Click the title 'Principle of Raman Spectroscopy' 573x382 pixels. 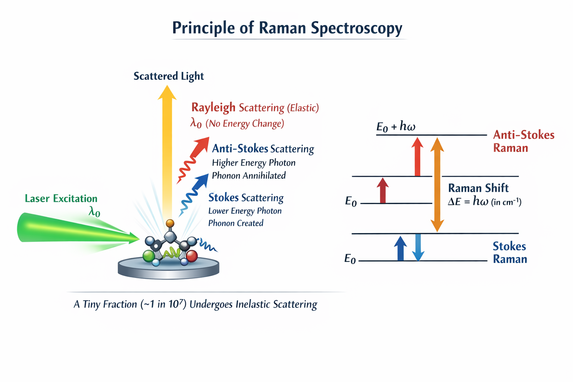(x=287, y=28)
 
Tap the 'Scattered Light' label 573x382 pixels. (x=169, y=76)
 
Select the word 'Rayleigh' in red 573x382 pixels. (x=213, y=107)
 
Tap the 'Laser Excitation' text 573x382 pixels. (x=61, y=198)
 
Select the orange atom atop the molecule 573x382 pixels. (x=170, y=223)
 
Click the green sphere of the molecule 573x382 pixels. (x=148, y=256)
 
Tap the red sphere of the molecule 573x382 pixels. (x=192, y=256)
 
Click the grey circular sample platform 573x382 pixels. (x=169, y=270)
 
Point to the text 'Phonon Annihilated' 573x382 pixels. (x=249, y=176)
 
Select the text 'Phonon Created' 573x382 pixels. (x=236, y=223)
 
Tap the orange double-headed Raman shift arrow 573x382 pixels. (x=437, y=185)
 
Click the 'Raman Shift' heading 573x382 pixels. (x=478, y=188)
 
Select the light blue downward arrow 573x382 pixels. (x=418, y=247)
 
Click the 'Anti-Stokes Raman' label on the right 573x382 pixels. (x=523, y=141)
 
